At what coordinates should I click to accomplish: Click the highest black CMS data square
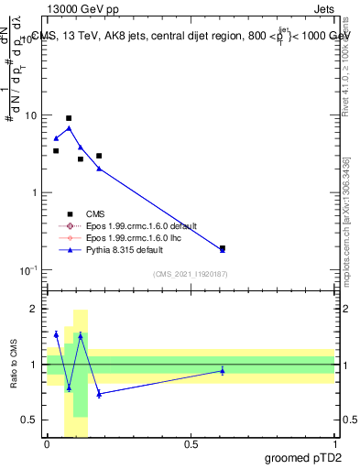[x=69, y=118]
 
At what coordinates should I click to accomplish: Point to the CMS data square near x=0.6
[x=223, y=247]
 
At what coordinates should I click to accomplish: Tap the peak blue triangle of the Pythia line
[x=69, y=128]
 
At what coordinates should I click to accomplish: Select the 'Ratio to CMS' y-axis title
[x=15, y=365]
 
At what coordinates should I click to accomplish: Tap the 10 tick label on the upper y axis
[x=31, y=116]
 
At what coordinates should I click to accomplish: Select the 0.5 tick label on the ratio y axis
[x=31, y=420]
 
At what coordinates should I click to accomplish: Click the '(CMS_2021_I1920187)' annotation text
[x=190, y=273]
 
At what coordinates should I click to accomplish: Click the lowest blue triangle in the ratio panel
[x=99, y=394]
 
